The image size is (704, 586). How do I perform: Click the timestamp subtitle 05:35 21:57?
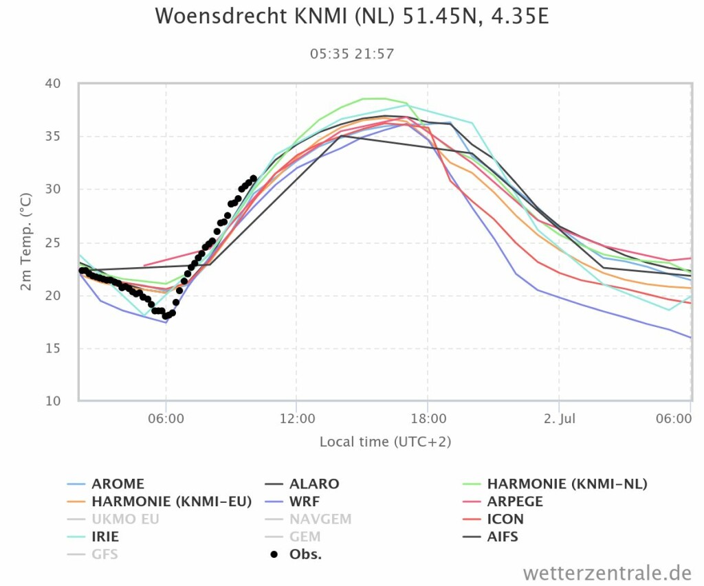pos(352,54)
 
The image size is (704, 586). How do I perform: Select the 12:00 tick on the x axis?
pos(296,418)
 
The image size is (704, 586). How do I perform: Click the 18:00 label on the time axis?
pos(428,418)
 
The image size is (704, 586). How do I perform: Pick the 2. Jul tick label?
pos(558,418)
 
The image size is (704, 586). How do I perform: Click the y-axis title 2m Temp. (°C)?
pos(26,242)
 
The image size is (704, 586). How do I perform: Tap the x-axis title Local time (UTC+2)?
pos(385,442)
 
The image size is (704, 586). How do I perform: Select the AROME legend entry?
pos(118,484)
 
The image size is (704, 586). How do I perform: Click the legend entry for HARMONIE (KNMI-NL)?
pos(567,484)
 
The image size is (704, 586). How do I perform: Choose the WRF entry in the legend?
pos(305,502)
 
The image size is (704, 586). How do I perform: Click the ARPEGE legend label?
pos(515,502)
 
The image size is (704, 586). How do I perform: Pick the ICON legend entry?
pos(505,519)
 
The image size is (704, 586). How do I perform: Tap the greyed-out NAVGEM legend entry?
pos(320,519)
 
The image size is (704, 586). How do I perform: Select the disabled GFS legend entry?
pos(104,554)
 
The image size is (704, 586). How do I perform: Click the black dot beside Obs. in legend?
pos(274,554)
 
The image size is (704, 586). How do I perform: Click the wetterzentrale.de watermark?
pos(606,572)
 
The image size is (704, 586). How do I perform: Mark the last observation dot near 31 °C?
pos(254,179)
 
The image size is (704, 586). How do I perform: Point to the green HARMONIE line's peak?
pos(375,98)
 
